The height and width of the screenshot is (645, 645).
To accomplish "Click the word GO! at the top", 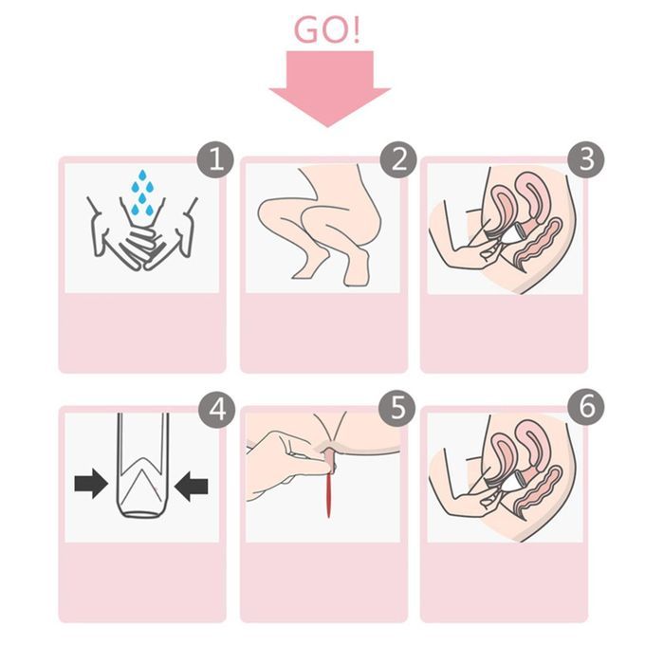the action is point(326,29).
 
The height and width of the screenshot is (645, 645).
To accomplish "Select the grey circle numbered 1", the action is point(215,159).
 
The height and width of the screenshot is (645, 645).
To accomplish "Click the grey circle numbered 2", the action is point(398,159).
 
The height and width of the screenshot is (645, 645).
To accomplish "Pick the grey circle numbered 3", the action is point(586,159).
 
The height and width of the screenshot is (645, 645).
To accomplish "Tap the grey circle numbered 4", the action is point(217,410).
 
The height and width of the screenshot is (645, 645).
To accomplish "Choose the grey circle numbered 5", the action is point(397,408).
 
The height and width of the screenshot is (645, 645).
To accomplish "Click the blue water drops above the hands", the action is point(142,193).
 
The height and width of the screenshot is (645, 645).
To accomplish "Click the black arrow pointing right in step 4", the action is point(91,484).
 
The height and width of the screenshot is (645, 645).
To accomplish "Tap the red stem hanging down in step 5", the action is point(329,493).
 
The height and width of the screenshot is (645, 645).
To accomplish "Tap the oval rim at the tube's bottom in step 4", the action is point(142,515).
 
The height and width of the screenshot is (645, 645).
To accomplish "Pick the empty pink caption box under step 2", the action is point(323,331).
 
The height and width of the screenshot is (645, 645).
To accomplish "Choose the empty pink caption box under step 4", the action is point(142,580).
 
